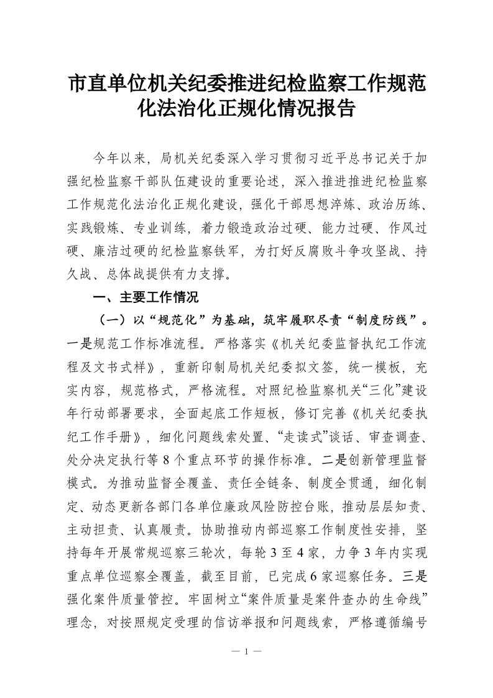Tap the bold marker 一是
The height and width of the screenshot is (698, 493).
[x=80, y=346]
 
